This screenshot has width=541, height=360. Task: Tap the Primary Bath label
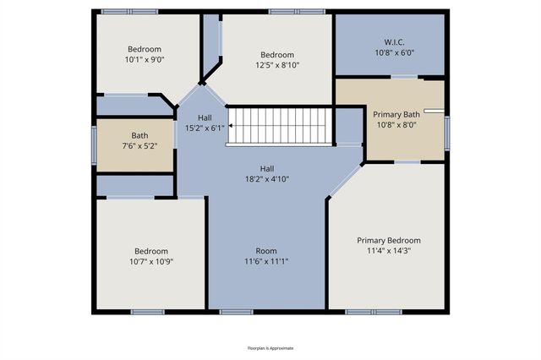(396, 115)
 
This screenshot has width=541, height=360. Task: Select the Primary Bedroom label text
(388, 241)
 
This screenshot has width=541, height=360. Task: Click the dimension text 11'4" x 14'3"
(388, 251)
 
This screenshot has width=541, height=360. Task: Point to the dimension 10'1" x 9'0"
(144, 59)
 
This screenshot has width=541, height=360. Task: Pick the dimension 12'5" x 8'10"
(277, 64)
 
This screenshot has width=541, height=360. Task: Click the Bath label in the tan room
(139, 135)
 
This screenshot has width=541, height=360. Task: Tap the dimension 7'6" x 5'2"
(139, 145)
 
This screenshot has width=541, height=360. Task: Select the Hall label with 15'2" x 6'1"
(205, 117)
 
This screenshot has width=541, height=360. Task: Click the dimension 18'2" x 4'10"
(267, 178)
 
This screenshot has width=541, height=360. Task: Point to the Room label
(267, 251)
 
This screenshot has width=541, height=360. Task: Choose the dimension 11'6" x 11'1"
(267, 261)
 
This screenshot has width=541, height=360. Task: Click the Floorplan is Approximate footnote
(270, 348)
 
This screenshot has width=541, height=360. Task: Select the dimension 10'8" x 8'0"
(396, 125)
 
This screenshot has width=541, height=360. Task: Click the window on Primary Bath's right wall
(447, 131)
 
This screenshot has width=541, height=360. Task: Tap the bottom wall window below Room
(236, 312)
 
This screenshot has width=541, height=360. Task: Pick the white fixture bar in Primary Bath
(434, 111)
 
